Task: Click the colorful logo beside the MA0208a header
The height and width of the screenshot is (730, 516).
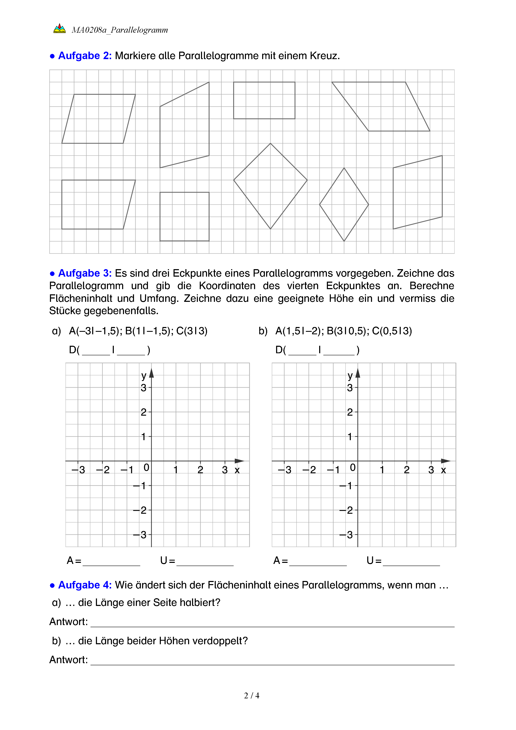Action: coord(60,29)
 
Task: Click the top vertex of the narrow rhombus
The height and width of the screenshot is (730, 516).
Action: coord(344,168)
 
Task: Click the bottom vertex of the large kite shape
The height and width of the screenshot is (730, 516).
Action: coord(270,229)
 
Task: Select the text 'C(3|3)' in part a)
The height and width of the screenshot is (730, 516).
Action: coord(192,331)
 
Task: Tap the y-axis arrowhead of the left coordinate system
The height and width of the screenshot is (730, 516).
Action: coord(151,373)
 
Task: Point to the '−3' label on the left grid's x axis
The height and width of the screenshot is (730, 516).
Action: coord(78,470)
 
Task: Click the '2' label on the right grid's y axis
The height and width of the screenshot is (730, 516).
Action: coord(350,412)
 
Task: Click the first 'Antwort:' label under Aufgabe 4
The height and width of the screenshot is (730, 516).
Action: coord(68,622)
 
